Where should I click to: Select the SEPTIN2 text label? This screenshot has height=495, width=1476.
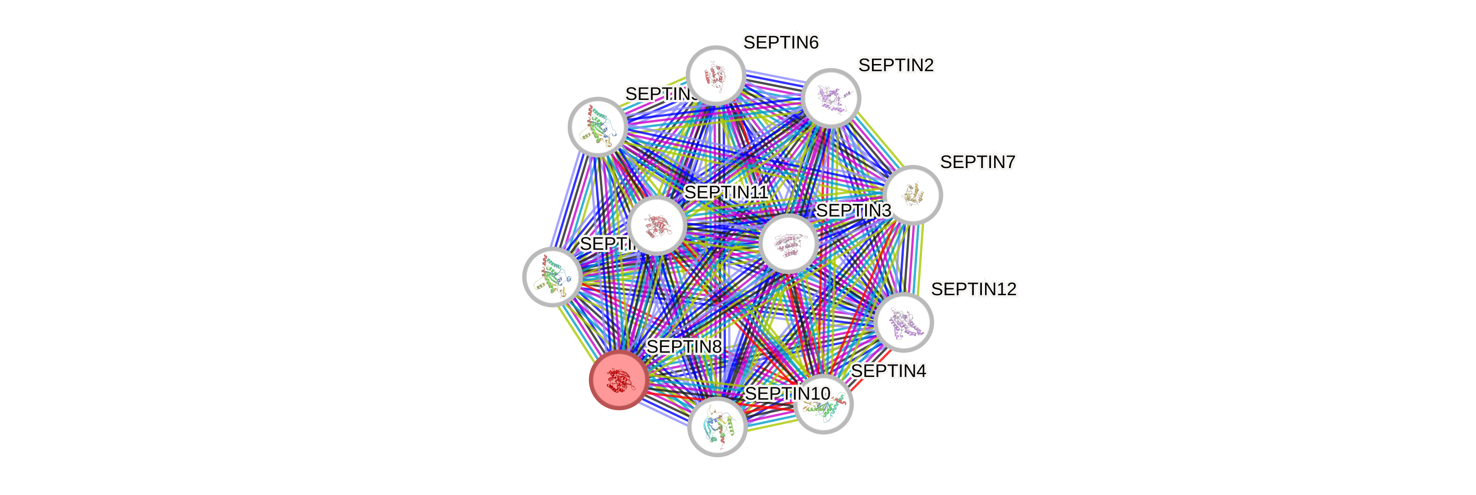click(x=896, y=66)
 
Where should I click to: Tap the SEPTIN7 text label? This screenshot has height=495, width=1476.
click(x=977, y=163)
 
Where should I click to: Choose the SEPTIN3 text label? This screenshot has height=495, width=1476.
click(x=853, y=211)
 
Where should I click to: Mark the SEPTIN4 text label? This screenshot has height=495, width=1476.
click(x=888, y=371)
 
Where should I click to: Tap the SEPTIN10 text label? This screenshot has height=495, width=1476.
click(x=788, y=394)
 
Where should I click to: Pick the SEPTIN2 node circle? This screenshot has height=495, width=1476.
click(x=831, y=98)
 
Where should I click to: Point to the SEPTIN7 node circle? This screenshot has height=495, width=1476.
click(x=913, y=195)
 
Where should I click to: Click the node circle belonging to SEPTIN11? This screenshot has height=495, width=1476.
click(x=657, y=225)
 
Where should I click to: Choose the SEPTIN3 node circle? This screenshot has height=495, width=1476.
click(x=788, y=243)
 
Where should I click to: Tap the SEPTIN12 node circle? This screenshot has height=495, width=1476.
click(x=904, y=322)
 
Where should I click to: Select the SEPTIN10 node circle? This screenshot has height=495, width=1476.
click(x=717, y=427)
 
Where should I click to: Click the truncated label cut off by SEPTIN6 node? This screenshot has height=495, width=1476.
click(x=659, y=94)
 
